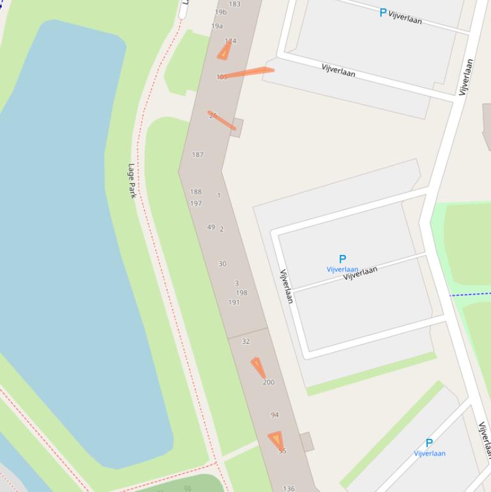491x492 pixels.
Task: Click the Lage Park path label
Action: [x=132, y=181]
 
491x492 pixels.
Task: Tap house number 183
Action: [x=234, y=4]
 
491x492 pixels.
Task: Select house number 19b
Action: [x=220, y=12]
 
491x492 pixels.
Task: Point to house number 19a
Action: [x=217, y=26]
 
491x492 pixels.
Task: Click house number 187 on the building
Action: [x=197, y=155]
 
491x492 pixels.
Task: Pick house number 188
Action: [x=195, y=192]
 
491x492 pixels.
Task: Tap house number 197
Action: [x=195, y=203]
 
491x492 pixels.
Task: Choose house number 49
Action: [x=211, y=227]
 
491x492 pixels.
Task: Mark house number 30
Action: [x=222, y=263]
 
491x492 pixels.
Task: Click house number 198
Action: [x=241, y=293]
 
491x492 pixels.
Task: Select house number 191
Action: [x=234, y=302]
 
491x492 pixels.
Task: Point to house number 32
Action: [x=246, y=341]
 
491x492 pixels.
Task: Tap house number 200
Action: [x=268, y=382]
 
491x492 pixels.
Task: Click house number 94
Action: [x=275, y=415]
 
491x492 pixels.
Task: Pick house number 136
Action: [x=289, y=488]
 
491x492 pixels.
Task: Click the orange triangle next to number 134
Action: [x=224, y=50]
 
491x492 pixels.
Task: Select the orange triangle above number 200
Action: [x=258, y=367]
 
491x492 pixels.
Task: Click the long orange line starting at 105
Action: [x=249, y=73]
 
